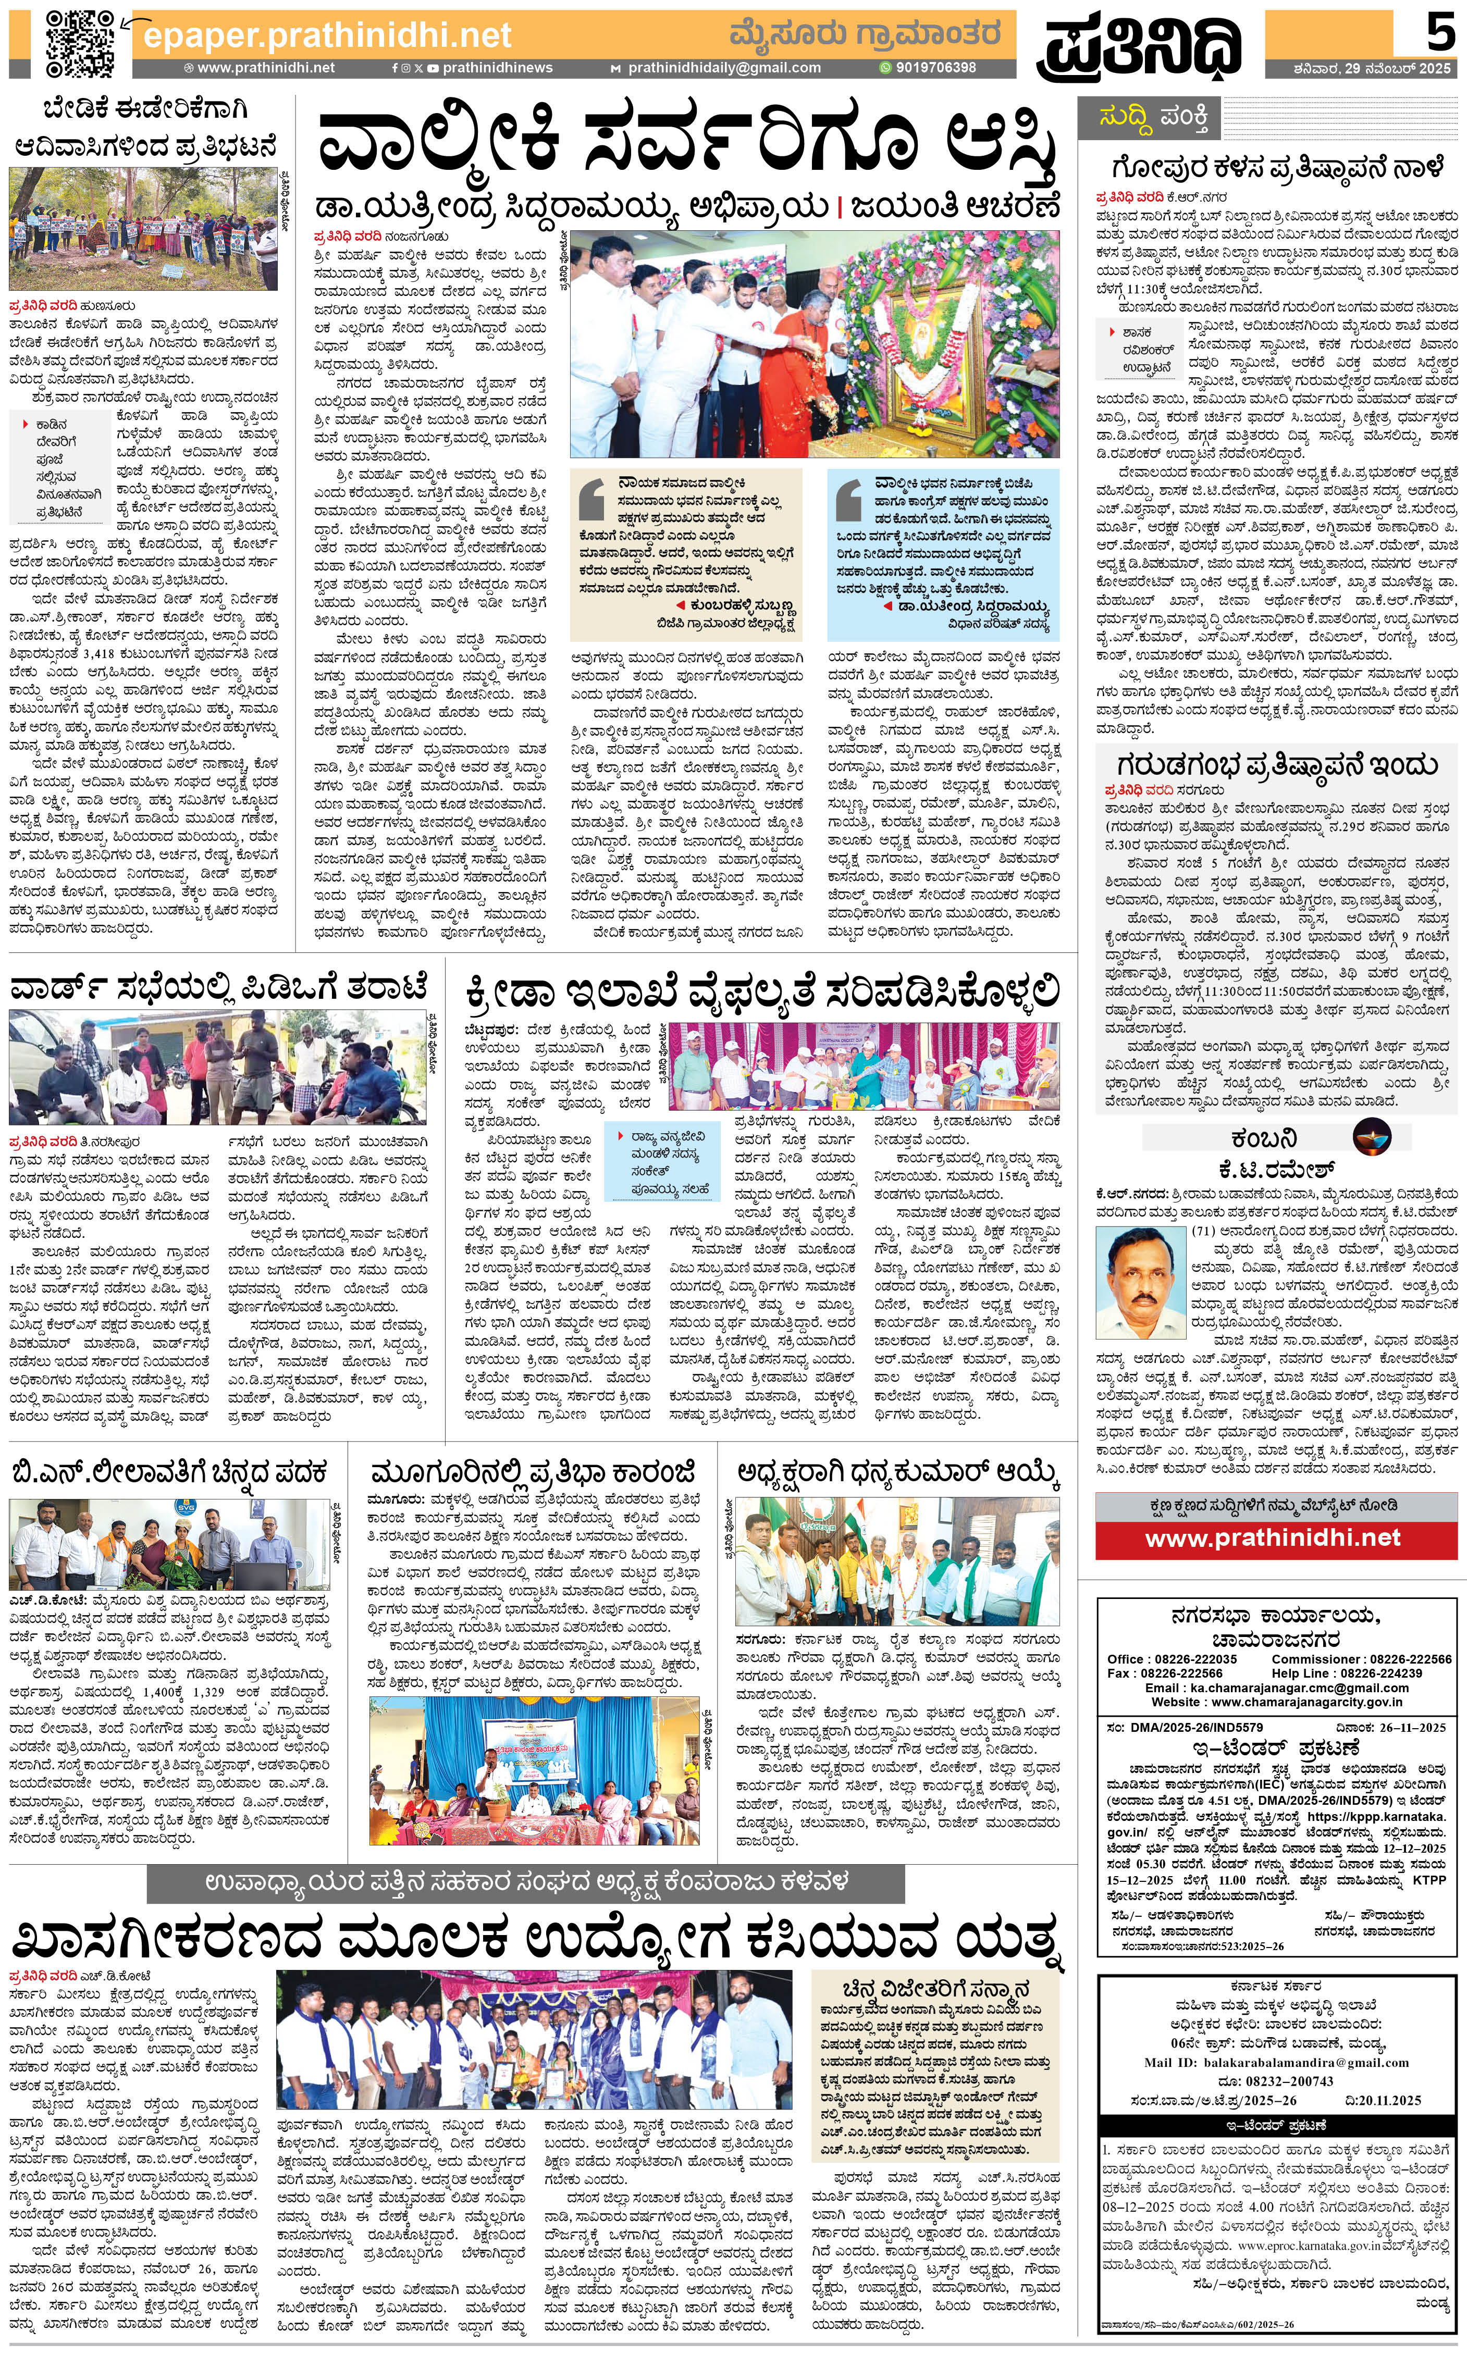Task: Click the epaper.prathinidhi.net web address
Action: coord(327,36)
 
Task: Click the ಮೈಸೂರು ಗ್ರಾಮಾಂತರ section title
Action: coord(864,34)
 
